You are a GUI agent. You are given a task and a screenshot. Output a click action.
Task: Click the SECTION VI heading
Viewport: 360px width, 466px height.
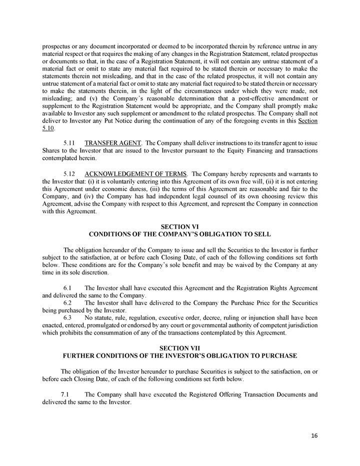point(179,227)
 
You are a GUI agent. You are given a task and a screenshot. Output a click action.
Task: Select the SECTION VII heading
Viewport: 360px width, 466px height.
point(179,347)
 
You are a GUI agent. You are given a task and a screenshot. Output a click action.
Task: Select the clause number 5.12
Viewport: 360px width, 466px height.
point(70,173)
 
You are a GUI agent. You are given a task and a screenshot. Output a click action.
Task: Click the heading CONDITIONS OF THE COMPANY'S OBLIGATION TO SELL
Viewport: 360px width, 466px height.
point(179,234)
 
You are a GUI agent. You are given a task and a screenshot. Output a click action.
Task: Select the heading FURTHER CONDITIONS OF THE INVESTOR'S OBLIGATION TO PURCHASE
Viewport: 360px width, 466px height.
point(179,355)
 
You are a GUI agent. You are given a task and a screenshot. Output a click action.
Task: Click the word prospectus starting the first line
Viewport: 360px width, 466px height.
point(55,38)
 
